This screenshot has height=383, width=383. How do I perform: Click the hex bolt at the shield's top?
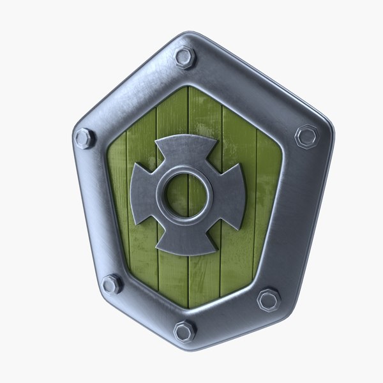pos(185,58)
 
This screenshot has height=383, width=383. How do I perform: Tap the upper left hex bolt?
pos(84,138)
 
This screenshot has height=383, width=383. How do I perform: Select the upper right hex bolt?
pos(306,137)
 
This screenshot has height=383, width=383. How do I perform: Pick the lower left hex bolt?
pos(112,284)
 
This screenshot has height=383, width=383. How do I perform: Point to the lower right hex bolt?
pos(268,299)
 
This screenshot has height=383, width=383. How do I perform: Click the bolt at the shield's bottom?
pos(184,331)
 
